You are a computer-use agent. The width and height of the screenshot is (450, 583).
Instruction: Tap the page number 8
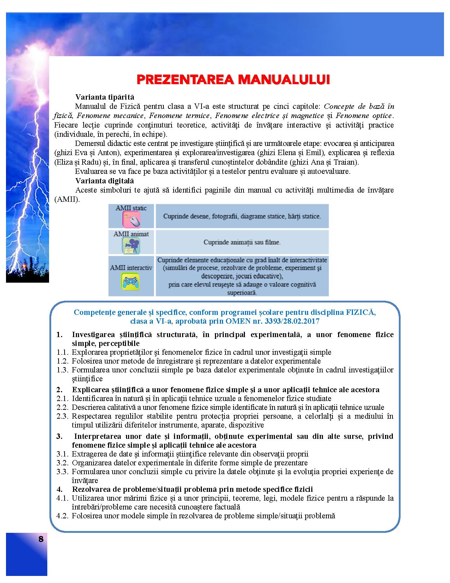41,539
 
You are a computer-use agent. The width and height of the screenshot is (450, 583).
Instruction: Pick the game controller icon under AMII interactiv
131,282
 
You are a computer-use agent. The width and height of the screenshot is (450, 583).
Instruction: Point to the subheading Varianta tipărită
104,97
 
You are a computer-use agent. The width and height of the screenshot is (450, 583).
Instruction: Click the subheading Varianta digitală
104,181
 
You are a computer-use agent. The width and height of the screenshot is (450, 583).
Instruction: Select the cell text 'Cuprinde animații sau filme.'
242,242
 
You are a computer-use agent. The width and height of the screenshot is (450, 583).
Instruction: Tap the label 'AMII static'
131,208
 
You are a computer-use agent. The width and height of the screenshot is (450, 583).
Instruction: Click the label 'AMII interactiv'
131,267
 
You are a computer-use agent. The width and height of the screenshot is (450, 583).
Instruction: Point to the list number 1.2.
62,361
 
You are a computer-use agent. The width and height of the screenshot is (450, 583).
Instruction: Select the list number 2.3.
62,416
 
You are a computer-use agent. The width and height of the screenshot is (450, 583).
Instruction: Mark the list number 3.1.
62,454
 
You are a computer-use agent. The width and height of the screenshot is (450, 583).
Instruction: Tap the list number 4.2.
62,516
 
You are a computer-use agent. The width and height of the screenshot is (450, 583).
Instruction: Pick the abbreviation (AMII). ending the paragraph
67,199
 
